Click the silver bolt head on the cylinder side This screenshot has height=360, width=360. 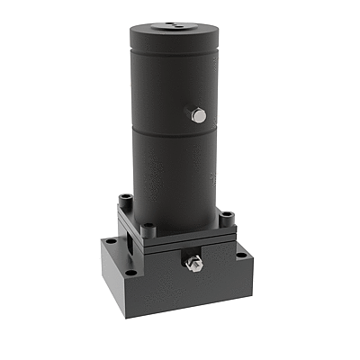click(x=200, y=114)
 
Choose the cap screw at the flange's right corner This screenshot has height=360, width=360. click(x=227, y=217)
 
